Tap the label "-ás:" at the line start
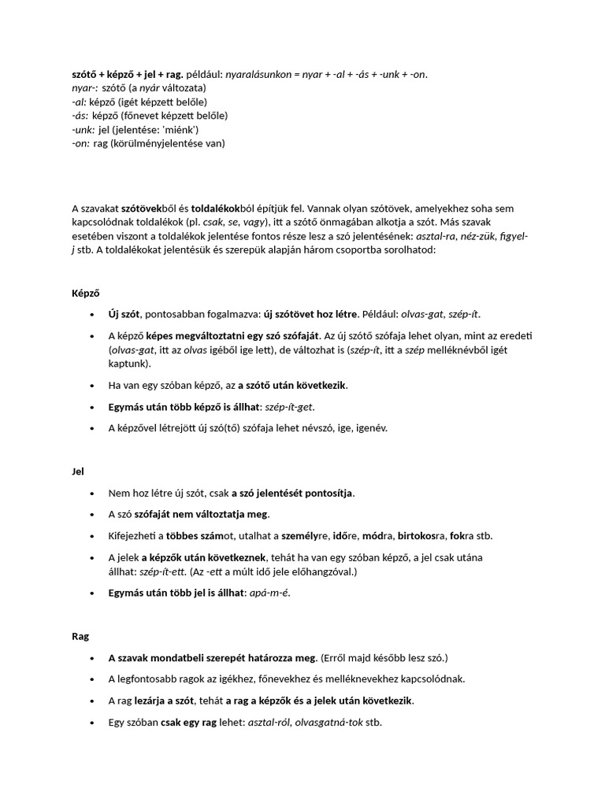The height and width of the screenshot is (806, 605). point(80,116)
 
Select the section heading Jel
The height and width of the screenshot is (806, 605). point(77,471)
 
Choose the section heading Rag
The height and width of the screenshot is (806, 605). point(80,637)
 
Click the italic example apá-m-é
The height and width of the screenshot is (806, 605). point(269,593)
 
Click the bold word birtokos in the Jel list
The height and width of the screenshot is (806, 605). point(421,536)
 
